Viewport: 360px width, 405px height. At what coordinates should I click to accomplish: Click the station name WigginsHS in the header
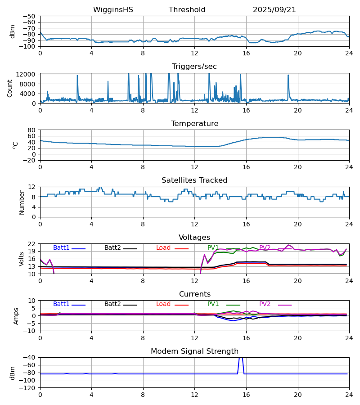tap(113, 10)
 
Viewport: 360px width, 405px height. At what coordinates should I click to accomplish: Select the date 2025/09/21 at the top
tap(274, 10)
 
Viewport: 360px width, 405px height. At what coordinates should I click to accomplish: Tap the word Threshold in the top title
tap(187, 10)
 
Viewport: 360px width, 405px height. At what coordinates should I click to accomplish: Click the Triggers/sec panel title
tap(194, 67)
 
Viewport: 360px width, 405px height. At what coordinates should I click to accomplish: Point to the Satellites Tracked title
tap(194, 180)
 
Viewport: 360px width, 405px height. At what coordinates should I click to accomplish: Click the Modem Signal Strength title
tap(194, 351)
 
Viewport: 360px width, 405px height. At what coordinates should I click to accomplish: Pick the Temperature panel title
tap(194, 124)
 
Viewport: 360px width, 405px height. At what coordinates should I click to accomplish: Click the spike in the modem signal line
tap(241, 358)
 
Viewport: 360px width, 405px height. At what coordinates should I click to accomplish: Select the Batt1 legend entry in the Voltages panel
tap(62, 248)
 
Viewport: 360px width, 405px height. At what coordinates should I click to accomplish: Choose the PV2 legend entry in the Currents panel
tap(265, 304)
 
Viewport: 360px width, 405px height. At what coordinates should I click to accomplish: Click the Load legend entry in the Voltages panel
tap(163, 248)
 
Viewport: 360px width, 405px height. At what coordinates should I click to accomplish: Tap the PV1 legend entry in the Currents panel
tap(213, 304)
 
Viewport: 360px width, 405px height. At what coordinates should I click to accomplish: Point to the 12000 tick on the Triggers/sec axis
tap(27, 74)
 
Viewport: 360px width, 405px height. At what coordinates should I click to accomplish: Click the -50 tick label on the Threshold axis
tap(30, 16)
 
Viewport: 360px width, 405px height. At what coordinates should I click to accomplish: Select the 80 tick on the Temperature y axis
tap(32, 130)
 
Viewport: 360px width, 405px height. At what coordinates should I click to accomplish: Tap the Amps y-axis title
tap(17, 316)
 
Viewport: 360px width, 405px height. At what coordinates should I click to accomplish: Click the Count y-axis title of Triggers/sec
tap(10, 88)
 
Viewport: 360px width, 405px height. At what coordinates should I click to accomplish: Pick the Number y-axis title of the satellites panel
tap(22, 202)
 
